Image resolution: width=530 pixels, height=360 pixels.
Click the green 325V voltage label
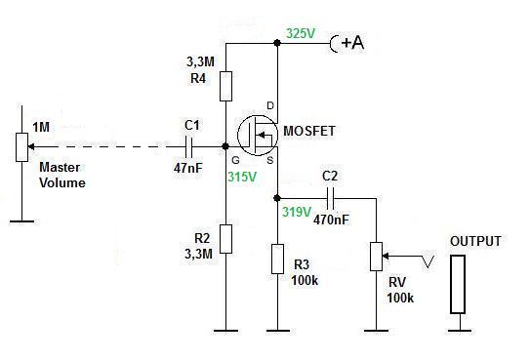(301, 33)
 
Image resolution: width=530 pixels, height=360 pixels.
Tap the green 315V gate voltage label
(242, 177)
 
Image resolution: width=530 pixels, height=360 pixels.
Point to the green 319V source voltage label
(297, 212)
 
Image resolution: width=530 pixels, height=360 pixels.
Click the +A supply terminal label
(353, 43)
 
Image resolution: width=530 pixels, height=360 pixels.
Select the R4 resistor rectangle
(225, 86)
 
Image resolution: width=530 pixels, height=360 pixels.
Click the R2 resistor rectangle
(225, 239)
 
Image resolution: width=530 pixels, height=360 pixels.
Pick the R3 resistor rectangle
(277, 259)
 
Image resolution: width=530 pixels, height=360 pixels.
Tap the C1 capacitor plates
(189, 147)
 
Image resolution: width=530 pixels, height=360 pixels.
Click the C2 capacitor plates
(330, 198)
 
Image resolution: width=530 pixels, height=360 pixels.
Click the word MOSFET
(309, 131)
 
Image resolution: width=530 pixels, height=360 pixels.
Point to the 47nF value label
(188, 168)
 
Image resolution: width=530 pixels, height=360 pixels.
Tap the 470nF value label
(331, 220)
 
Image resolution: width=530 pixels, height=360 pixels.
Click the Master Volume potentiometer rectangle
(22, 147)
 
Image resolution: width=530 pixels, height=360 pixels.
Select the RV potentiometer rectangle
(376, 257)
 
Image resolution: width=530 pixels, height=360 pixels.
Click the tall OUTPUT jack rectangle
(458, 284)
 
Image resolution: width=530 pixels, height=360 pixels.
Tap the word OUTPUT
(475, 241)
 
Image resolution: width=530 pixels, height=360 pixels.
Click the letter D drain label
(270, 105)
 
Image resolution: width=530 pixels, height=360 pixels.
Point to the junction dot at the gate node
(225, 146)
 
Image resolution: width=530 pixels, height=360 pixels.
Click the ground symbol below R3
(277, 331)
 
